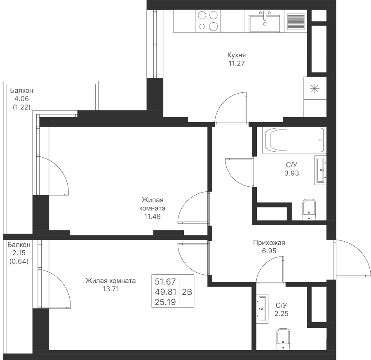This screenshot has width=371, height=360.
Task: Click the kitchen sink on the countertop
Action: pos(264,20)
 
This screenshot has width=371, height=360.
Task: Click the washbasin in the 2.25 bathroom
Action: pos(262,309)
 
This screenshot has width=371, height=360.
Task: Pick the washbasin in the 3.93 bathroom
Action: pos(321,169)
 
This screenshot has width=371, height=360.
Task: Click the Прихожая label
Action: pos(269,243)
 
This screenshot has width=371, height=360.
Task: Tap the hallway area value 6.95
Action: pos(268,251)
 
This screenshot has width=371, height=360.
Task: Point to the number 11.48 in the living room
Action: pos(152,216)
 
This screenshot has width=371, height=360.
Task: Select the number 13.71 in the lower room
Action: pos(110,289)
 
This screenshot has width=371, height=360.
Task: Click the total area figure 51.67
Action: pos(165,282)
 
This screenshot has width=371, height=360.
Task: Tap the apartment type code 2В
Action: pos(187,292)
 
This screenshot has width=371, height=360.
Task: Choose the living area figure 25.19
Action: pos(165,302)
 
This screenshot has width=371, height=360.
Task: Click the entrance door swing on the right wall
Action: pos(351,258)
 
